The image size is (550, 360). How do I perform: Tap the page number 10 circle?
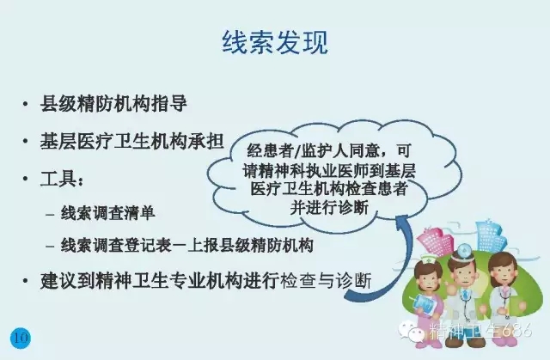point(20,336)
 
